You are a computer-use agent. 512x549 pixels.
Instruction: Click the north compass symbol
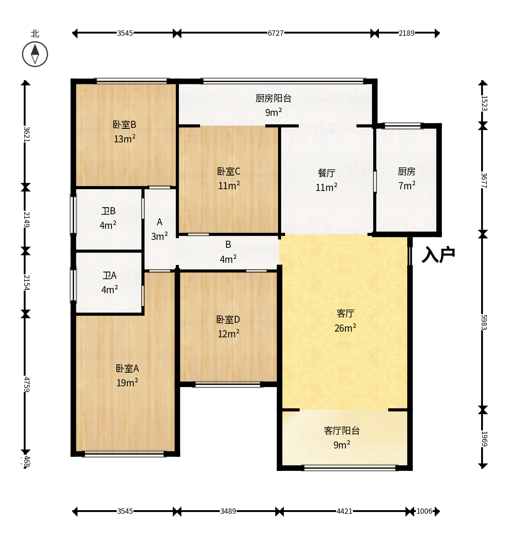[35, 54]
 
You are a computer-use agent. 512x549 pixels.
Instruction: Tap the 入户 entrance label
[438, 254]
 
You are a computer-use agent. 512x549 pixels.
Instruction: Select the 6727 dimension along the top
[275, 33]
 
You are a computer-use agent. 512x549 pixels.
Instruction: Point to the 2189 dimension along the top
[406, 33]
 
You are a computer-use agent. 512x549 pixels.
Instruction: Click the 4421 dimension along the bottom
[344, 511]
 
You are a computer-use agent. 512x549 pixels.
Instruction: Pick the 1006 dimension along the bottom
[424, 511]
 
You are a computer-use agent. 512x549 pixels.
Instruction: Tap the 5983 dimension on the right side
[484, 322]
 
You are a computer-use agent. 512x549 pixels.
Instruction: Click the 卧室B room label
[124, 125]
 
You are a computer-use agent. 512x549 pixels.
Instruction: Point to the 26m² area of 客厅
[345, 328]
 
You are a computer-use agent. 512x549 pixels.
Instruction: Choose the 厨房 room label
[406, 172]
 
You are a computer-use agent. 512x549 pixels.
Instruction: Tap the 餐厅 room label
[326, 173]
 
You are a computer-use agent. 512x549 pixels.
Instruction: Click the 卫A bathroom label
[109, 275]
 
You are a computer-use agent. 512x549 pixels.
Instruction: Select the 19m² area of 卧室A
[127, 383]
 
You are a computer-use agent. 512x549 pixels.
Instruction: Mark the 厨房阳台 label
[273, 98]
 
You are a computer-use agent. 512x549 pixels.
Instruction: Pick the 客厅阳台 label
[341, 430]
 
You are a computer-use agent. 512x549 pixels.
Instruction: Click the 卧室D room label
[228, 320]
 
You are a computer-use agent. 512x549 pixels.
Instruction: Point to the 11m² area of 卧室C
[229, 186]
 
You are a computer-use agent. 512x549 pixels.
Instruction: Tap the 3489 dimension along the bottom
[228, 511]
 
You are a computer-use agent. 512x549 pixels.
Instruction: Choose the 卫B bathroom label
[108, 211]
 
